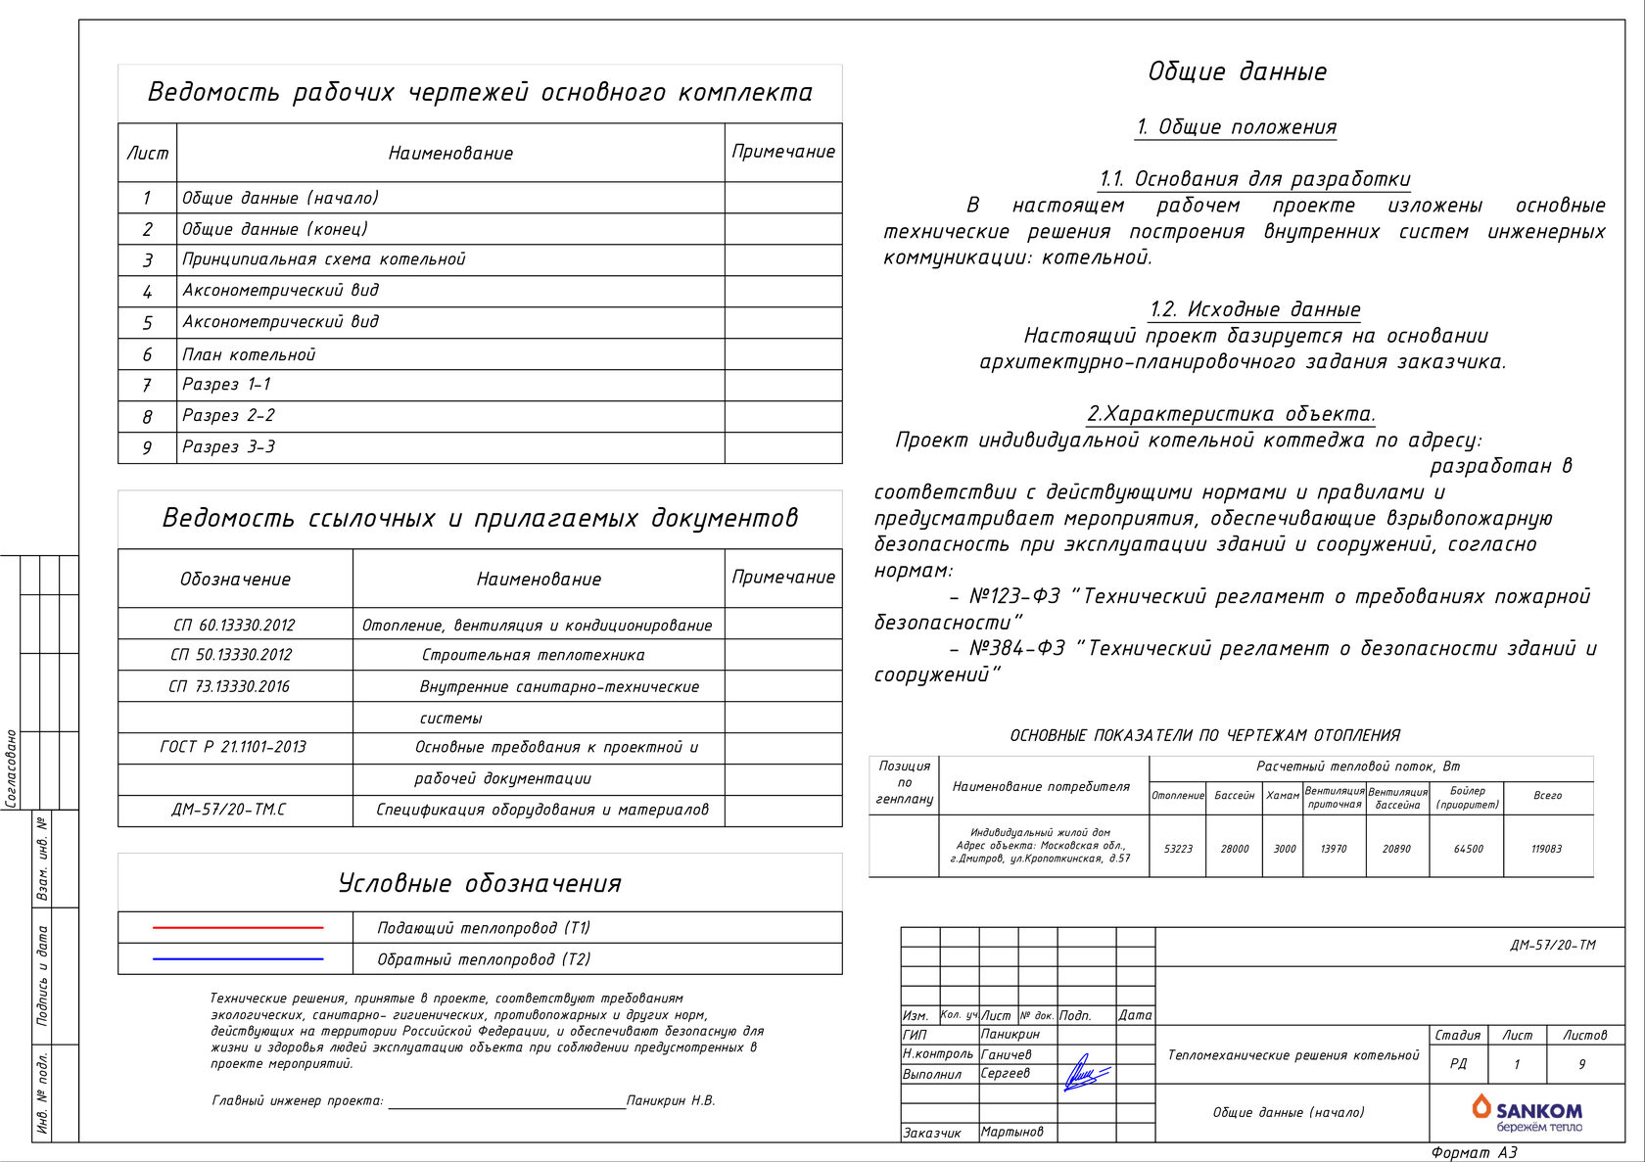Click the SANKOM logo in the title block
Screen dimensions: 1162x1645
[x=1527, y=1112]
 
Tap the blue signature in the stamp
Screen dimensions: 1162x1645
[x=1085, y=1074]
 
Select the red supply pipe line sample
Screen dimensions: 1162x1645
[x=238, y=927]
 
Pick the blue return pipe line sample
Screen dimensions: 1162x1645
[x=238, y=958]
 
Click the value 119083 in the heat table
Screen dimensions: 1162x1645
[x=1547, y=849]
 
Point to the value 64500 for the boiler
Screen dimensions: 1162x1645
[x=1468, y=849]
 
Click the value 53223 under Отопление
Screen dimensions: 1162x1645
[x=1178, y=849]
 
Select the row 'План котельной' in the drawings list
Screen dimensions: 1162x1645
[x=249, y=354]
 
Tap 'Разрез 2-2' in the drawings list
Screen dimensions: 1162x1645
[x=228, y=415]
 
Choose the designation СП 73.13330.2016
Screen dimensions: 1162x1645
[x=229, y=686]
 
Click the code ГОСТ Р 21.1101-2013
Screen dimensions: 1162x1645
[x=233, y=747]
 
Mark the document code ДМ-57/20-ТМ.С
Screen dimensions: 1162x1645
[x=229, y=810]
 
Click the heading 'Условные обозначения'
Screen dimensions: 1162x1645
[x=480, y=883]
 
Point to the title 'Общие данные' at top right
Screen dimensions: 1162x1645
[x=1237, y=71]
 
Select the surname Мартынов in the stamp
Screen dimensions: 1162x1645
[x=1012, y=1132]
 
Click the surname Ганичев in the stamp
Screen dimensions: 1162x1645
[x=1007, y=1054]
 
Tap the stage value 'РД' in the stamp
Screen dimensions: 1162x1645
[x=1458, y=1064]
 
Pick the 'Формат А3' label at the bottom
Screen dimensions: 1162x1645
[x=1474, y=1152]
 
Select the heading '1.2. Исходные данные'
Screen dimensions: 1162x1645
[x=1254, y=309]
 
